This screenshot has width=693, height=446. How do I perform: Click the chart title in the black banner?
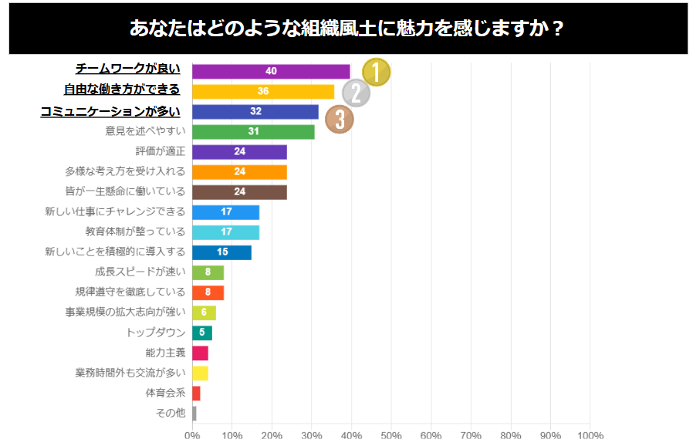(x=347, y=29)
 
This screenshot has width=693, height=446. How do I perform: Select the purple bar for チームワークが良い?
(x=270, y=71)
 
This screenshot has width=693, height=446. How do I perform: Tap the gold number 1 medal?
(x=376, y=72)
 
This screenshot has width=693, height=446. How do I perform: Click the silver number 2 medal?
(x=356, y=94)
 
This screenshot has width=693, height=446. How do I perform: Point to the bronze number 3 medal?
(x=340, y=119)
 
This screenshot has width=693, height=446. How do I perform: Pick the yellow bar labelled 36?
(x=262, y=91)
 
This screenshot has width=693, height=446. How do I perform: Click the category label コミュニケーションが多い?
(x=110, y=111)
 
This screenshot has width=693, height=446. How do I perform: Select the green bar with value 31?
(x=252, y=131)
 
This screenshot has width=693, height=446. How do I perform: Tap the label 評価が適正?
(x=161, y=151)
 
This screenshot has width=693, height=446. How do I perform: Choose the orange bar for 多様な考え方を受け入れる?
(x=239, y=171)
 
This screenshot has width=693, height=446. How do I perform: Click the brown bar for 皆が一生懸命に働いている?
(x=239, y=191)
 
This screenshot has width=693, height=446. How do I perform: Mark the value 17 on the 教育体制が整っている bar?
(x=227, y=231)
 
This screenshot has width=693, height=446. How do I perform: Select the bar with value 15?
(x=221, y=252)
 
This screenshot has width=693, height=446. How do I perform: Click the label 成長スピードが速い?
(x=140, y=272)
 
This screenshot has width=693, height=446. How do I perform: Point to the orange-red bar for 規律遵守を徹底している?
(x=208, y=292)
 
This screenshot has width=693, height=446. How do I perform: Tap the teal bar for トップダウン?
(x=201, y=333)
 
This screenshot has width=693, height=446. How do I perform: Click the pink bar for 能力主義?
(x=200, y=353)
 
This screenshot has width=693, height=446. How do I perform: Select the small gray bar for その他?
(x=194, y=413)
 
